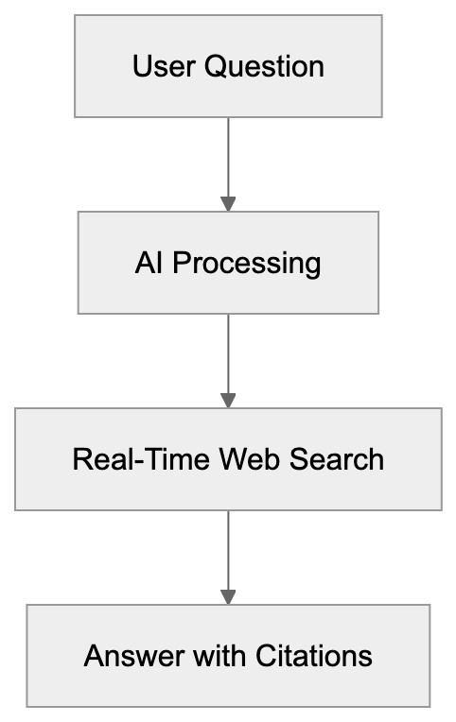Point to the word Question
tap(264, 67)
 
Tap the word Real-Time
tap(142, 459)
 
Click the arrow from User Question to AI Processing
tap(228, 156)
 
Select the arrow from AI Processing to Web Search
tap(228, 352)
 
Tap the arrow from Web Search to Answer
tap(228, 549)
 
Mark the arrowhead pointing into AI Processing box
tap(228, 203)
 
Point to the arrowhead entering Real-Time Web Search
tap(228, 400)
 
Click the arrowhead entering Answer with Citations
tap(228, 596)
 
